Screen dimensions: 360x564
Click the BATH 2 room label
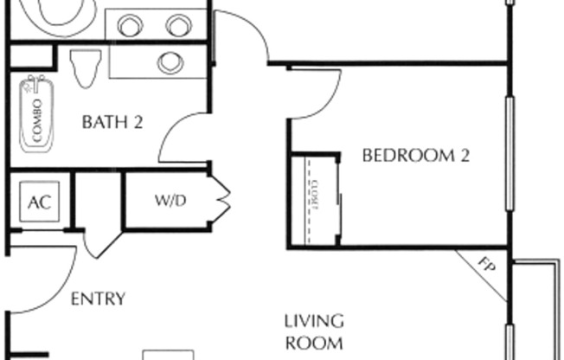click(x=112, y=122)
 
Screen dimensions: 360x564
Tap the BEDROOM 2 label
click(x=415, y=156)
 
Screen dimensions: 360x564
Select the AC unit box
click(x=38, y=202)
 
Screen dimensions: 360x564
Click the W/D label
click(x=170, y=201)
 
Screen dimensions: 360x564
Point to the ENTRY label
click(x=97, y=299)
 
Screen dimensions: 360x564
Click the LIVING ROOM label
click(x=314, y=331)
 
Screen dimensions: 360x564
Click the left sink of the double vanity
click(x=130, y=26)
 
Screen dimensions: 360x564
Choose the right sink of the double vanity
click(x=178, y=26)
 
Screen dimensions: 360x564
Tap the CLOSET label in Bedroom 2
click(x=313, y=197)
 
